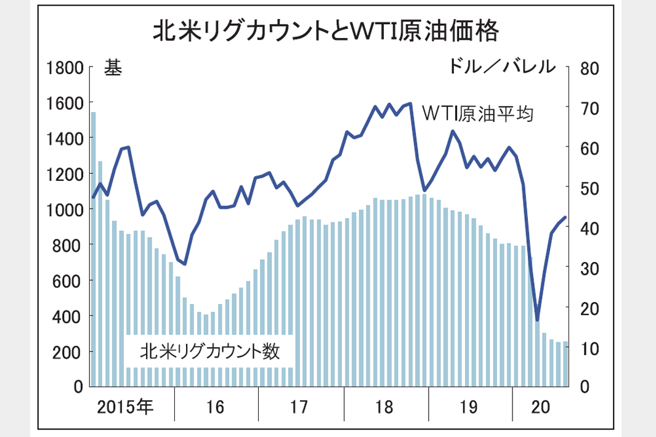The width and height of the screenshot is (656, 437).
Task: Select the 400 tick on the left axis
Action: [69, 316]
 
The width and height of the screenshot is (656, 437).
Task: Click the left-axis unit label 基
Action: [112, 68]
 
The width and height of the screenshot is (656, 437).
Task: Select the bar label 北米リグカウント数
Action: [210, 351]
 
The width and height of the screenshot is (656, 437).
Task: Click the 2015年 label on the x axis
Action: [127, 407]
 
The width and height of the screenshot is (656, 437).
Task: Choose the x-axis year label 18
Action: [384, 407]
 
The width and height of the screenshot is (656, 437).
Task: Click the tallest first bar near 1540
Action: [94, 246]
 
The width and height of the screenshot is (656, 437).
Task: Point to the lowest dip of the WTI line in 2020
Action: [537, 320]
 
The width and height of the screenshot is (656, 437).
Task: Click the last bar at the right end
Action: [565, 363]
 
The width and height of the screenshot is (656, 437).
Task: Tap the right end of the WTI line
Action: [565, 217]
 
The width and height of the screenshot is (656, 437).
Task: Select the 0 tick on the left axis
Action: [78, 387]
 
